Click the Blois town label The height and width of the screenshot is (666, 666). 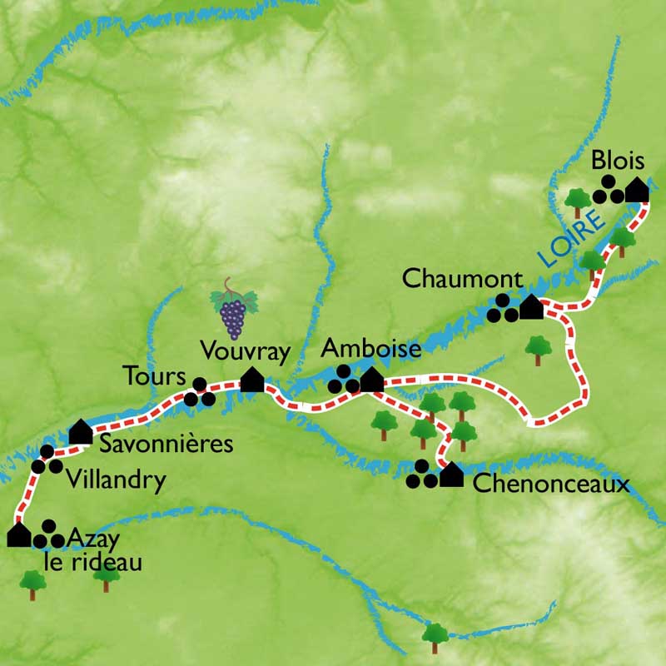click(x=619, y=160)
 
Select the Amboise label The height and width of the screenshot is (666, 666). click(x=371, y=349)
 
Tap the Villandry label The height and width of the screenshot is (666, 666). click(x=113, y=480)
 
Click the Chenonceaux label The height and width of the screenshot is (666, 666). click(x=550, y=485)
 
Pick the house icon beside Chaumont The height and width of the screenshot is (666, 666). click(x=531, y=308)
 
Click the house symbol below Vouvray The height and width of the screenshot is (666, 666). click(x=252, y=380)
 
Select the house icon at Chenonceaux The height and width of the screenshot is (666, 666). click(x=451, y=475)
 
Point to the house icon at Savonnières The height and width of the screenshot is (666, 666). click(x=80, y=431)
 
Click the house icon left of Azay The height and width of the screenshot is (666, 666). click(x=18, y=535)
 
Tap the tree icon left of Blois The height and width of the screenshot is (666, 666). click(x=576, y=201)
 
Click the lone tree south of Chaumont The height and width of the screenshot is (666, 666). click(x=538, y=349)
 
